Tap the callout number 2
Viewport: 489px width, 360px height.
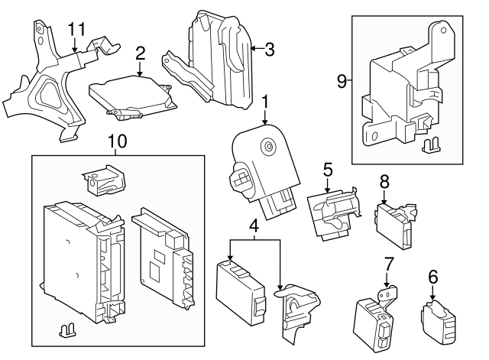pos(140,53)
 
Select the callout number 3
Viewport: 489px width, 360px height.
pos(269,50)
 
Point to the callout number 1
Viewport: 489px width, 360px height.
pos(264,102)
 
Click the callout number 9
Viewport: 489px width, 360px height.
pos(342,79)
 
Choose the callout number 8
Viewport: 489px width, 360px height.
pos(384,182)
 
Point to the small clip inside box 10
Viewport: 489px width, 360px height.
pos(66,329)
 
